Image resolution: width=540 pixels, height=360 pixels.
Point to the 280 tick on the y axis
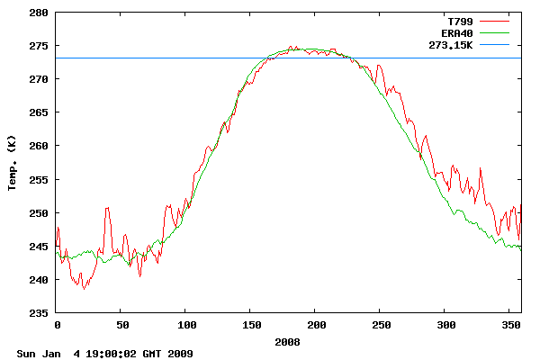click(x=39, y=13)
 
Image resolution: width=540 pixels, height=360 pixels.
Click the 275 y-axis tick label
click(x=39, y=46)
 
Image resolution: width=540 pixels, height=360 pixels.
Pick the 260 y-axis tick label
click(x=39, y=146)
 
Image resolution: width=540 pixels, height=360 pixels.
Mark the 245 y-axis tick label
click(x=39, y=246)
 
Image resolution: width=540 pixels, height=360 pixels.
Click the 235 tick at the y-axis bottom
click(x=39, y=312)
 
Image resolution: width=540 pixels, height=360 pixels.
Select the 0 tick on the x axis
click(x=57, y=324)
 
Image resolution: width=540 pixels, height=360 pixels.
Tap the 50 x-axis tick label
click(x=121, y=324)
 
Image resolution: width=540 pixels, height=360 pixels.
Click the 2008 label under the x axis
click(x=288, y=342)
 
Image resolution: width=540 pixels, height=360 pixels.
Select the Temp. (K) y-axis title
click(x=13, y=163)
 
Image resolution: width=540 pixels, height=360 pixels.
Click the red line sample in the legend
click(x=494, y=20)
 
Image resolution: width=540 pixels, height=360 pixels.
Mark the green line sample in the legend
click(x=494, y=31)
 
